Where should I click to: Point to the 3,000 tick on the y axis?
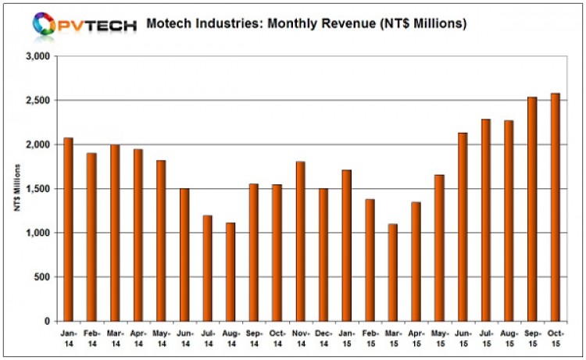pyautogui.click(x=37, y=57)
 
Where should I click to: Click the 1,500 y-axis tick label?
pyautogui.click(x=37, y=189)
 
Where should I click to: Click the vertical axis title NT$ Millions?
pyautogui.click(x=17, y=189)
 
